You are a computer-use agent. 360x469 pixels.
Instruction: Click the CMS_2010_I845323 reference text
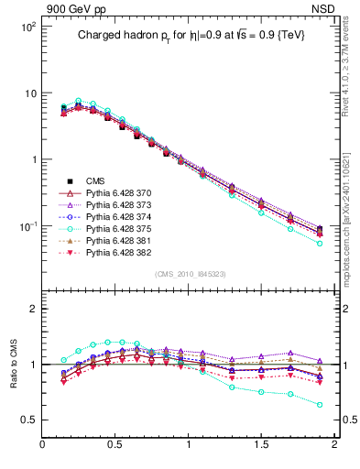[189, 274]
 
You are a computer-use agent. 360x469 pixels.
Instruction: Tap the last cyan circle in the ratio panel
[320, 404]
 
